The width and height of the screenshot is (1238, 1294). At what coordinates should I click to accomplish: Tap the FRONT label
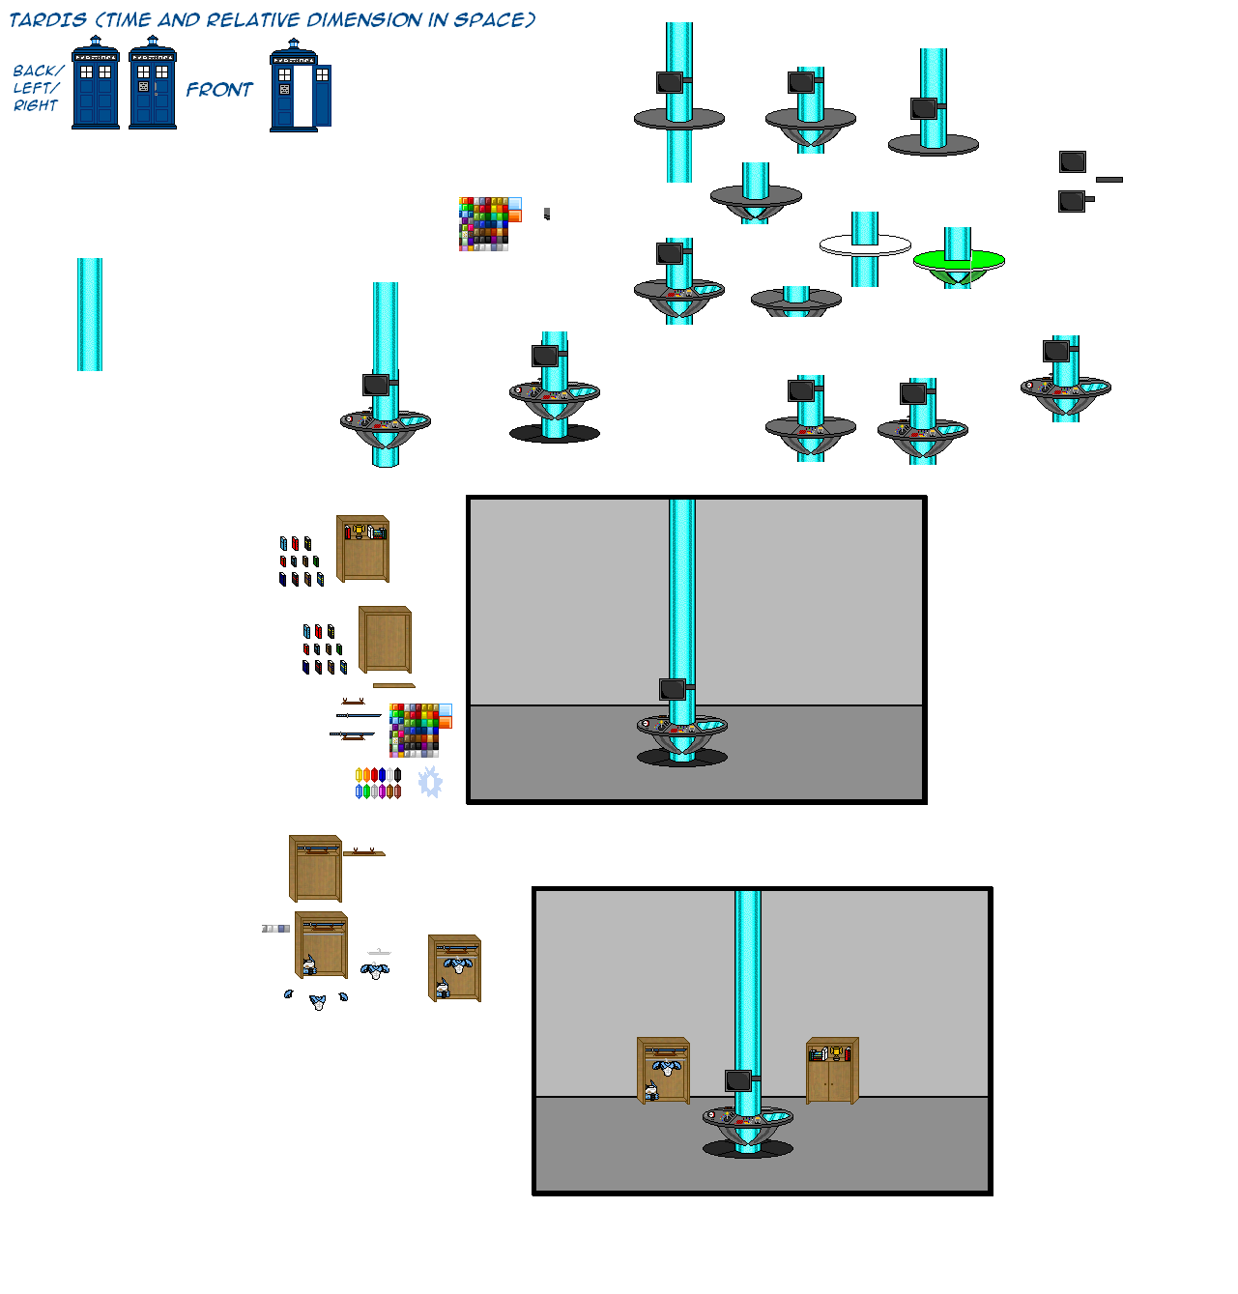tap(219, 90)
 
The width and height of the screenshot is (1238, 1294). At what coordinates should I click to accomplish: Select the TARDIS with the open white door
tap(301, 87)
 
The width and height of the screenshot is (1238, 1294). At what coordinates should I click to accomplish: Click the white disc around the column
tap(865, 246)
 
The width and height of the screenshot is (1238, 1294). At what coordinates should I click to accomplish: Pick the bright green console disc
tap(959, 260)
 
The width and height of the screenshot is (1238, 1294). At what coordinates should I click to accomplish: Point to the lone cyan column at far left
tap(90, 314)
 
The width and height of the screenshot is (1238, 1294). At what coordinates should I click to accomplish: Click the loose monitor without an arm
tap(1073, 161)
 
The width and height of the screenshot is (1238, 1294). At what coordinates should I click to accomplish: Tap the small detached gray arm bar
tap(1109, 180)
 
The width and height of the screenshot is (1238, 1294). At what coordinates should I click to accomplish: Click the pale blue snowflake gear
tap(430, 782)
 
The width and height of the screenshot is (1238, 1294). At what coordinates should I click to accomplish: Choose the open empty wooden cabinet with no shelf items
tap(386, 640)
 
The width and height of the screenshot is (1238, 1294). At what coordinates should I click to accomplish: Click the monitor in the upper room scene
tap(673, 689)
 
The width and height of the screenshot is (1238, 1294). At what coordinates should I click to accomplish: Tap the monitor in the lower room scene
tap(738, 1080)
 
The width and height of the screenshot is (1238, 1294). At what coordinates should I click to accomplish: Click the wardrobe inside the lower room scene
tap(664, 1071)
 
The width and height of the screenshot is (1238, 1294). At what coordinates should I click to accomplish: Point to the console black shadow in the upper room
tap(682, 759)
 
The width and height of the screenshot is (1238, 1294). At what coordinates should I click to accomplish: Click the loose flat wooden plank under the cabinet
tap(393, 685)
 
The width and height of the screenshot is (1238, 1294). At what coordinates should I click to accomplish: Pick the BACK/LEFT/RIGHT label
tap(37, 88)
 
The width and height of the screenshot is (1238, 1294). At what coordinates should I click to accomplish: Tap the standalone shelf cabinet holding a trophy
tap(363, 549)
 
